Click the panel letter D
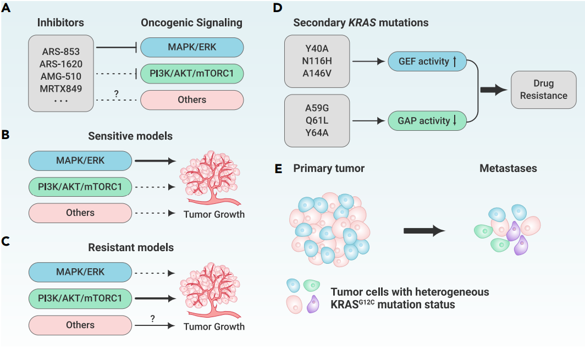point(277,8)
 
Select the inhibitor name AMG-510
point(61,76)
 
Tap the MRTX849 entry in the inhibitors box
point(61,89)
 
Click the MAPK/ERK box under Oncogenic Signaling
point(192,47)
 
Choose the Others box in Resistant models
point(80,325)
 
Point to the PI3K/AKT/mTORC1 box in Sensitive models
point(80,186)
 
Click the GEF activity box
point(427,61)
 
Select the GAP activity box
point(427,121)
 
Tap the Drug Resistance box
point(544,90)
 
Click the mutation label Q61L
point(317,120)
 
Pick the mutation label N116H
point(317,61)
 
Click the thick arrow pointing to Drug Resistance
point(494,90)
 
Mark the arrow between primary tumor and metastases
point(424,230)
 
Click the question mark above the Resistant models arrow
point(152,319)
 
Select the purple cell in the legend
point(313,304)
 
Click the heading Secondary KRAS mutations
point(361,23)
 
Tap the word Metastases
point(508,168)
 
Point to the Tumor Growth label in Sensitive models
point(214,214)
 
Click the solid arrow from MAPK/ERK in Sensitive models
point(155,161)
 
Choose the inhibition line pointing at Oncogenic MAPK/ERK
point(117,47)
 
